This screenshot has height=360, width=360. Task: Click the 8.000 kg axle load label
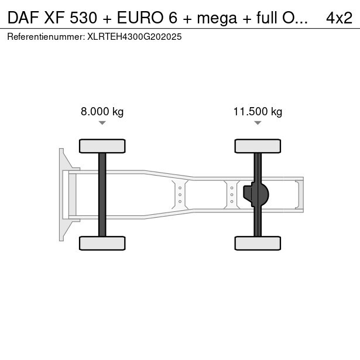pos(102,112)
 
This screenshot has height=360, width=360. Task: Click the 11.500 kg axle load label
pos(258,112)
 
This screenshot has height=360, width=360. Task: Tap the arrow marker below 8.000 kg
pos(102,123)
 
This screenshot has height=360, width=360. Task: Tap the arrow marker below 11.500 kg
pos(258,123)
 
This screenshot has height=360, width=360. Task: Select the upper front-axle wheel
pos(102,146)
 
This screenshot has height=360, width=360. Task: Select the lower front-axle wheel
pos(102,243)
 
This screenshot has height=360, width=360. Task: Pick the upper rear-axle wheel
pos(258,146)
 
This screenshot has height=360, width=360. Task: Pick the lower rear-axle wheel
pos(258,243)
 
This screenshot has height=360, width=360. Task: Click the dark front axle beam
pos(102,194)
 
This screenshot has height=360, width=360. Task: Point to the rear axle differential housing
pos(256,194)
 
